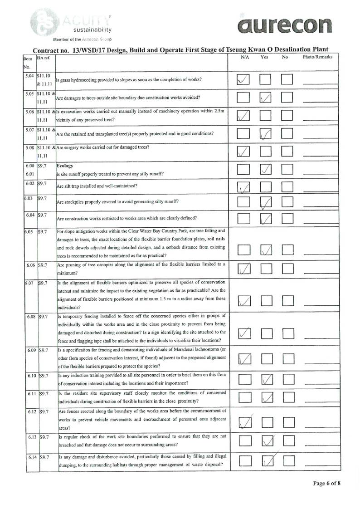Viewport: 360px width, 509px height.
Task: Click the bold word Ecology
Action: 65,166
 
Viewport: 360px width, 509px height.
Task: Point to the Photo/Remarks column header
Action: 317,58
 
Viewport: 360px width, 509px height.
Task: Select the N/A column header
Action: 244,58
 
